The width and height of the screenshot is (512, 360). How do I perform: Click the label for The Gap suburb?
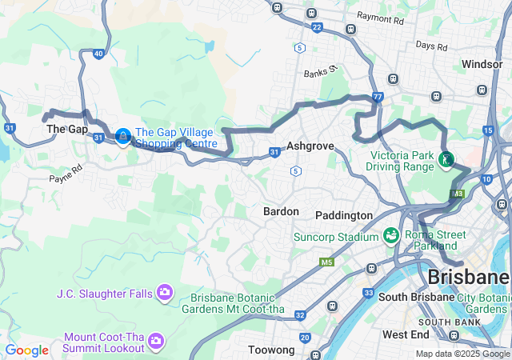66,129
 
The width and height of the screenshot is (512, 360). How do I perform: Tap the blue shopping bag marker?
122,138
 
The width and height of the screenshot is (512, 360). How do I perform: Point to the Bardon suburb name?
281,211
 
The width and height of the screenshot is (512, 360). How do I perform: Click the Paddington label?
344,215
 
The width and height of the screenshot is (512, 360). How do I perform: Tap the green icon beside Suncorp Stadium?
390,236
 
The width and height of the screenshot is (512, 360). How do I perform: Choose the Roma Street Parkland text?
435,240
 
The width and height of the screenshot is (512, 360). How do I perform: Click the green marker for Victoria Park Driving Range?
446,161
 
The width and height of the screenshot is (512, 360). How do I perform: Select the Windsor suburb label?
482,63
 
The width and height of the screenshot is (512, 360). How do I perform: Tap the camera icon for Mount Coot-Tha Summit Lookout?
156,342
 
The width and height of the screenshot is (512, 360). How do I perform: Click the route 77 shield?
378,97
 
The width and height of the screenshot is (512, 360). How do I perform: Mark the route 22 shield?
317,27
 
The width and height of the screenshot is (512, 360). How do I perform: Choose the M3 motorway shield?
457,194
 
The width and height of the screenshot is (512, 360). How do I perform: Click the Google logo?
26,350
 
